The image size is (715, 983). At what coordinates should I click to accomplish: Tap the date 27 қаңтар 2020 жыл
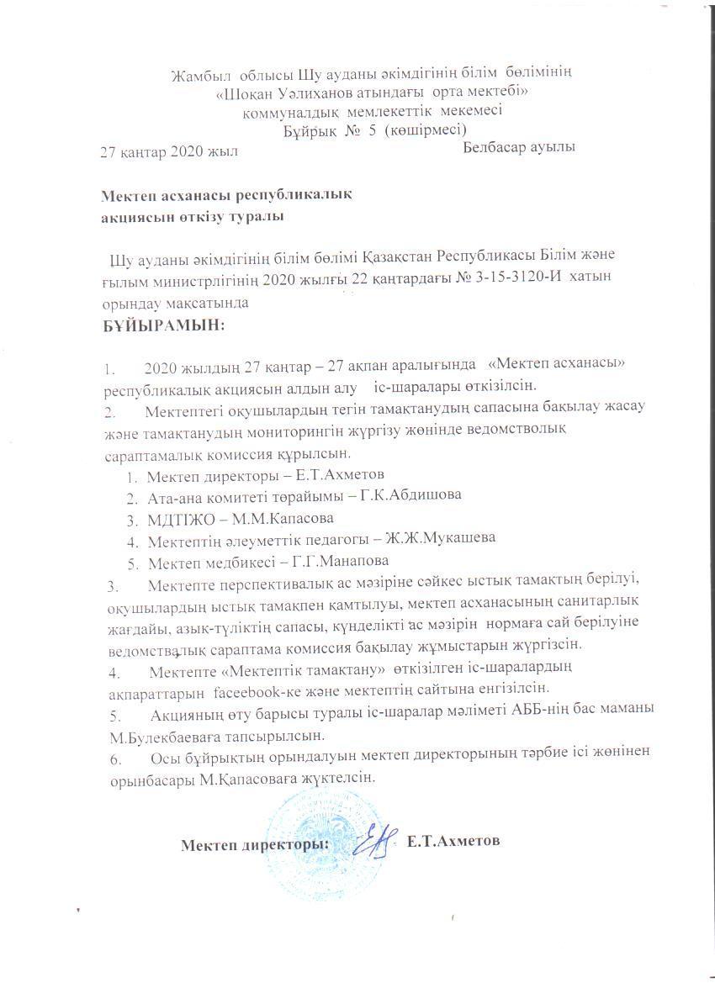[x=169, y=152]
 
